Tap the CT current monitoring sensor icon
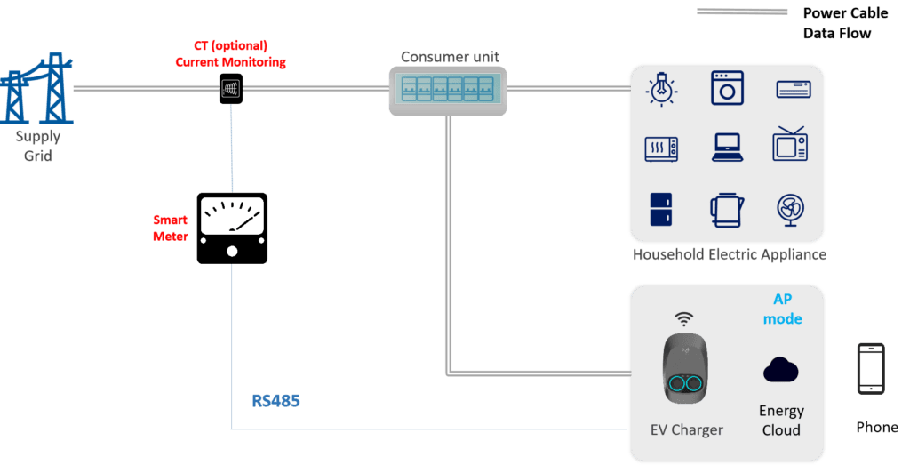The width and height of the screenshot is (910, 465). (x=231, y=87)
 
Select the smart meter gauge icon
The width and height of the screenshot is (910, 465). (x=232, y=228)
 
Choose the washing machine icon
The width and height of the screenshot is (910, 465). (x=727, y=88)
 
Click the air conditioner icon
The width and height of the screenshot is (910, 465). (x=794, y=89)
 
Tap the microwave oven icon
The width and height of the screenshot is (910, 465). (x=661, y=148)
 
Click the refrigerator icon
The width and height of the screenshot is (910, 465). (x=660, y=210)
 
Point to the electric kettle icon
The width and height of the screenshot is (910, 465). (x=726, y=210)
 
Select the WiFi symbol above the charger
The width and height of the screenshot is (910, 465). (x=683, y=318)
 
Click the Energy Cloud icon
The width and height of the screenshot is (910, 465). (x=780, y=370)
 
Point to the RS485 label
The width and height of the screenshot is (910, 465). (x=275, y=401)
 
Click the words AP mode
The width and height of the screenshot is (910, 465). (x=782, y=309)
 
